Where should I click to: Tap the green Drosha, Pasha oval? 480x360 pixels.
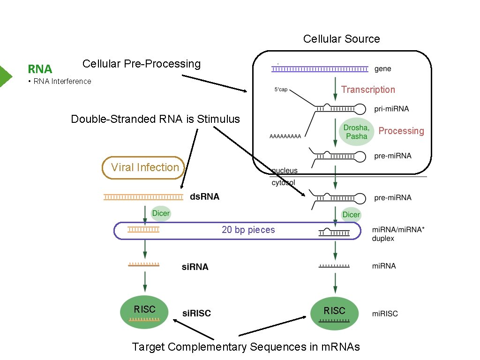(x=357, y=132)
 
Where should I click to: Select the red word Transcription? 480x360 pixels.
(x=368, y=90)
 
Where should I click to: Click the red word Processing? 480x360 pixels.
(x=401, y=131)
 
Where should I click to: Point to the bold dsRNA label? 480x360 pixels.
(x=204, y=197)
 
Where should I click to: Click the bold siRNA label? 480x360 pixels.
(x=195, y=267)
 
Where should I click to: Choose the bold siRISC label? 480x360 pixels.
(x=196, y=313)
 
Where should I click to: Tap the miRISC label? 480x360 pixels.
(x=385, y=314)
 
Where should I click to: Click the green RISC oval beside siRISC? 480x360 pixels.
(x=144, y=312)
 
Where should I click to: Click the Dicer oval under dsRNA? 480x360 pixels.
(x=161, y=213)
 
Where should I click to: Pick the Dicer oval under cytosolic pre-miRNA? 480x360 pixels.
(x=351, y=214)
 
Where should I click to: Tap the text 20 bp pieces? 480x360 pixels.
(x=248, y=230)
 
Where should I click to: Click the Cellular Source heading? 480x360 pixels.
(x=341, y=39)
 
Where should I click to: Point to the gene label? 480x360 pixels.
(x=383, y=69)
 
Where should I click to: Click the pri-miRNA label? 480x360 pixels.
(x=391, y=109)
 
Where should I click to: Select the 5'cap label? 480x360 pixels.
(x=281, y=90)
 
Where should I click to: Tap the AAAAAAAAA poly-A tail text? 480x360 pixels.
(x=285, y=136)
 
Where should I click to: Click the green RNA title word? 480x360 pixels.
(x=40, y=69)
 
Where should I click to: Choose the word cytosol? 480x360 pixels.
(x=284, y=183)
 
